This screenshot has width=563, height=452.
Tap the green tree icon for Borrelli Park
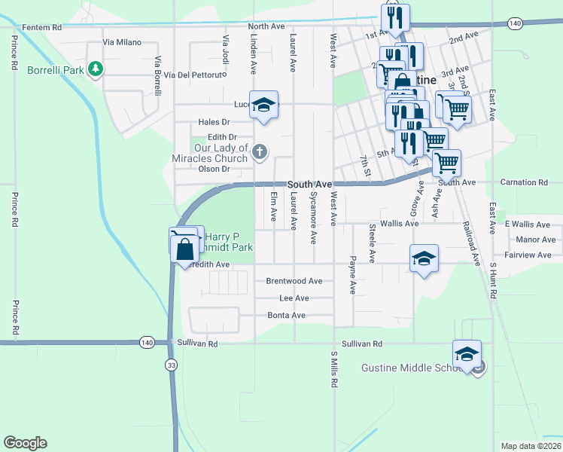[96, 69]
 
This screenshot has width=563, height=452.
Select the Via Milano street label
[122, 42]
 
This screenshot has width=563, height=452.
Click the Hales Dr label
[214, 122]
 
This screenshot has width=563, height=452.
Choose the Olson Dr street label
[213, 169]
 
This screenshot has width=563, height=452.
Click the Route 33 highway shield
[172, 364]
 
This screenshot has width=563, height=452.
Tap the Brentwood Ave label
[294, 281]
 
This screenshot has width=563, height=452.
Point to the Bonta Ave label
[287, 315]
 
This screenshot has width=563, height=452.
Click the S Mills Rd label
[333, 369]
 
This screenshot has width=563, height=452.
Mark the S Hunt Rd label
[494, 282]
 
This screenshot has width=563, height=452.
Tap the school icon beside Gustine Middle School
[467, 353]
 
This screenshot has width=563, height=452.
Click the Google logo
[25, 443]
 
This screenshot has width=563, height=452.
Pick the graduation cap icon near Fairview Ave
[425, 258]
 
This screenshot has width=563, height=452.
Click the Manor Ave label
[536, 240]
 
